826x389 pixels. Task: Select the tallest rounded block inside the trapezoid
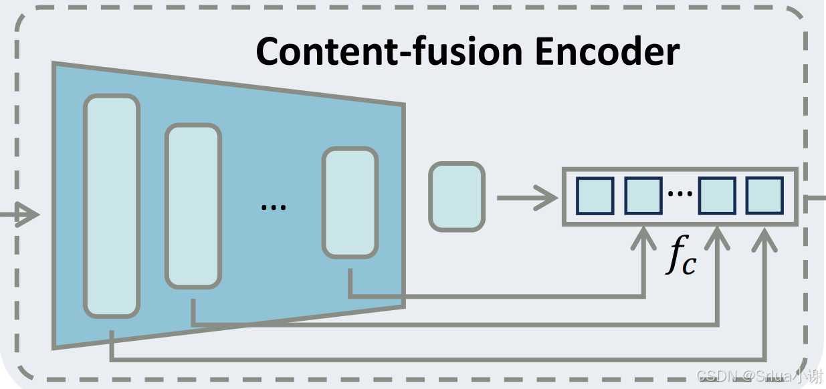pyautogui.click(x=112, y=206)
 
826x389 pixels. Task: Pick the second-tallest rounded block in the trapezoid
pyautogui.click(x=193, y=206)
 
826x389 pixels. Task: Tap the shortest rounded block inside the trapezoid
pyautogui.click(x=350, y=203)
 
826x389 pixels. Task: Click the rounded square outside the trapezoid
pyautogui.click(x=456, y=197)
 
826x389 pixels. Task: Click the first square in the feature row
pyautogui.click(x=595, y=195)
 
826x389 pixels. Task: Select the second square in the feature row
pyautogui.click(x=643, y=195)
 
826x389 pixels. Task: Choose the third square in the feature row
pyautogui.click(x=717, y=195)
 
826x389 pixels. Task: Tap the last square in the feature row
pyautogui.click(x=764, y=195)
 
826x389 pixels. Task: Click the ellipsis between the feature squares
pyautogui.click(x=680, y=194)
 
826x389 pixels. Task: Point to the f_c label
pyautogui.click(x=682, y=259)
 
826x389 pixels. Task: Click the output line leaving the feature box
pyautogui.click(x=812, y=197)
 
